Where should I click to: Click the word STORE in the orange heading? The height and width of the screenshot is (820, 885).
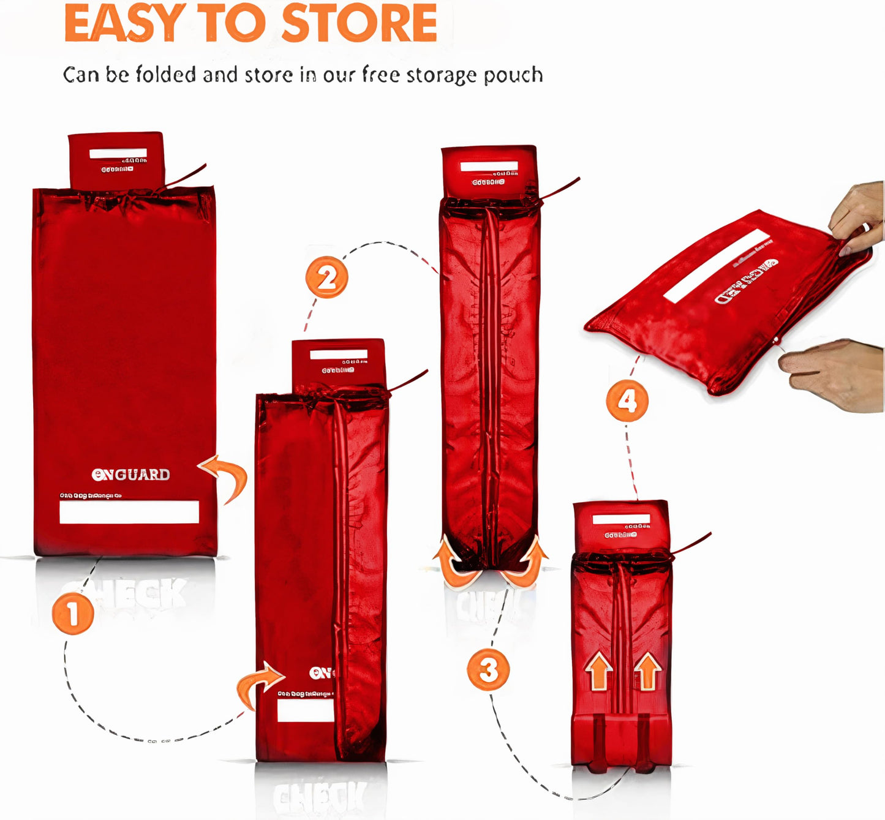(360, 24)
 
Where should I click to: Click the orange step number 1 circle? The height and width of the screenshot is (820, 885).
(73, 614)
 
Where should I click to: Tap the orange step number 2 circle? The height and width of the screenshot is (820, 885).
(327, 277)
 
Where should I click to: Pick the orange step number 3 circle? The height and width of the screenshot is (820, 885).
(488, 669)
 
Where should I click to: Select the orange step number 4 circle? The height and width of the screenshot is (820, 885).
(627, 401)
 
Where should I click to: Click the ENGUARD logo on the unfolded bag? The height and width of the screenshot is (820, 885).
(130, 475)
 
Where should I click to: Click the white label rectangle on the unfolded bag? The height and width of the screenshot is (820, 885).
(129, 512)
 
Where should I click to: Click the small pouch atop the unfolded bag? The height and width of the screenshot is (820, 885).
(116, 160)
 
